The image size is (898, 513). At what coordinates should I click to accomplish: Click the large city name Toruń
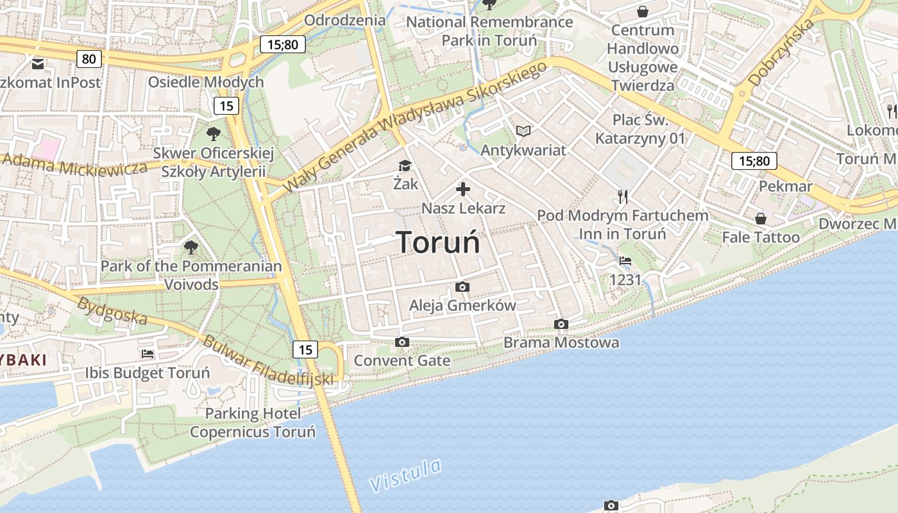coord(438,242)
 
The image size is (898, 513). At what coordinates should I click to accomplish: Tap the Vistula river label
coord(406,475)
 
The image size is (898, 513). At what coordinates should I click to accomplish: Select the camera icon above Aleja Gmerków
coord(462,287)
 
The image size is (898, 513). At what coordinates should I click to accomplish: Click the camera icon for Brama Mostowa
coord(561,324)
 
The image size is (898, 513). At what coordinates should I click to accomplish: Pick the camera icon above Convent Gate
coord(402,342)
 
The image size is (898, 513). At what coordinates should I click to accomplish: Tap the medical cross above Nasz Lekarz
coord(463,189)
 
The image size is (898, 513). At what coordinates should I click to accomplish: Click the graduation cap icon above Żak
coord(405,166)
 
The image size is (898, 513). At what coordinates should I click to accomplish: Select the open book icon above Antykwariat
coord(523,131)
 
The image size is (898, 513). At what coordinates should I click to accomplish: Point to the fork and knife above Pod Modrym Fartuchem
coord(622,196)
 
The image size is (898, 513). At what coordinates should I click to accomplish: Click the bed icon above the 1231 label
coord(625,261)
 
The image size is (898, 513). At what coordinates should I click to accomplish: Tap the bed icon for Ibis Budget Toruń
coord(148,353)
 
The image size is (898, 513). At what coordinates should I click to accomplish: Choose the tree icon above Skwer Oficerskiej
coord(214,134)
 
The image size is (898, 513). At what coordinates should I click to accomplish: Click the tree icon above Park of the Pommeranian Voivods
coord(191,247)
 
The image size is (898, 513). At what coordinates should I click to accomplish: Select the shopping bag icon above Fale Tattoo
coord(760,219)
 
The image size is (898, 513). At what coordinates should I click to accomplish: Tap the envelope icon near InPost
coord(37,63)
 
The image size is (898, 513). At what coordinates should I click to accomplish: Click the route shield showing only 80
coord(89,59)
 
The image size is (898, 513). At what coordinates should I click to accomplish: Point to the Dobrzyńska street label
coord(781,53)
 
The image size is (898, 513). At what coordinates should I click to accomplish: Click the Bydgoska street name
coord(112,310)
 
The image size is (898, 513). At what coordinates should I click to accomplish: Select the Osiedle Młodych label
coord(206,82)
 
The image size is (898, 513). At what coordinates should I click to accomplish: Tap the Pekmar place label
coord(785,186)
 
